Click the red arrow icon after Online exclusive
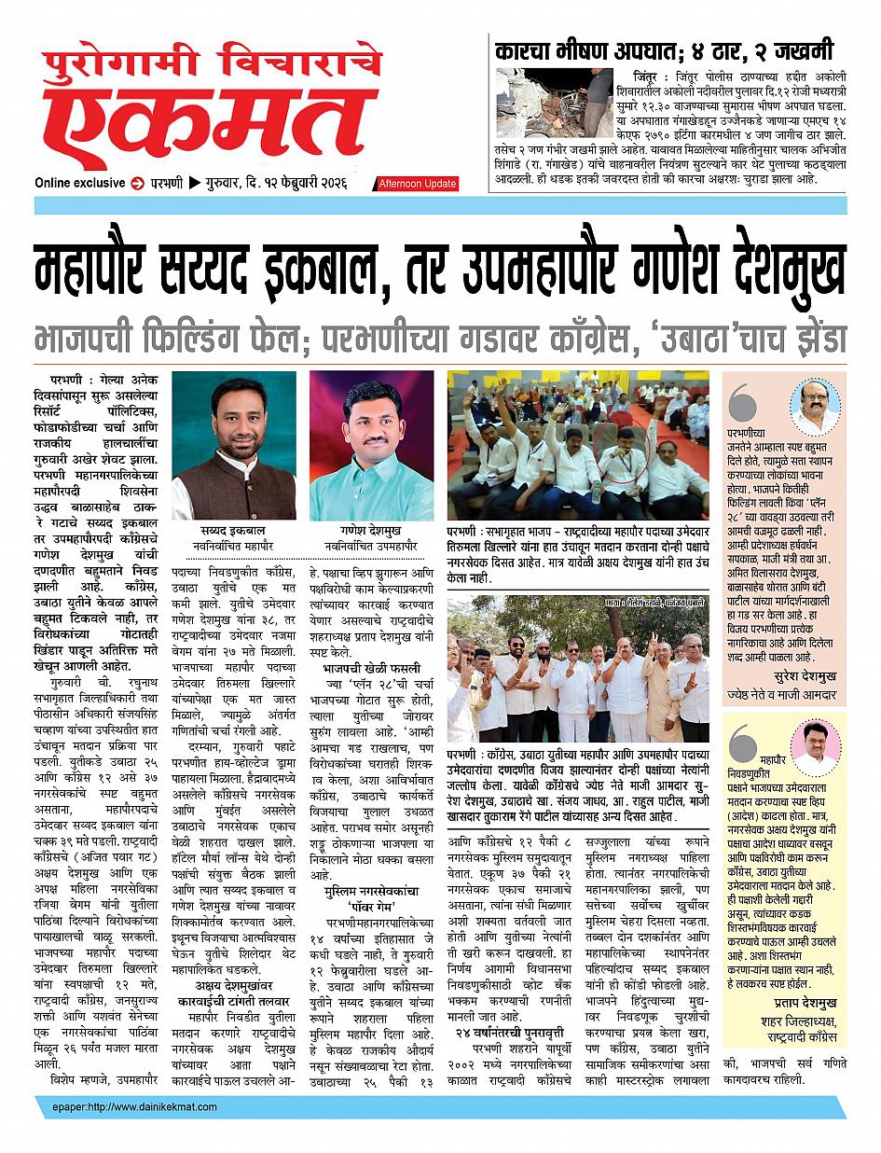[x=138, y=183]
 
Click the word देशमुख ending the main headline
[x=764, y=271]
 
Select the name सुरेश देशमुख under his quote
[x=805, y=675]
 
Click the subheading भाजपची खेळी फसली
[x=371, y=668]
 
